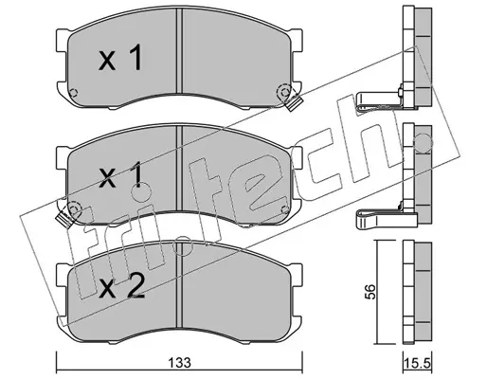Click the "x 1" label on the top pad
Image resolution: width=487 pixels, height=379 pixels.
pyautogui.click(x=120, y=57)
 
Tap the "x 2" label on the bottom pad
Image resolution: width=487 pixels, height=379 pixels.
pyautogui.click(x=121, y=286)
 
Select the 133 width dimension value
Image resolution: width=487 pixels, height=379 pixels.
pyautogui.click(x=179, y=363)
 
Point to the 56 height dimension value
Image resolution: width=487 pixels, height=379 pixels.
pyautogui.click(x=370, y=292)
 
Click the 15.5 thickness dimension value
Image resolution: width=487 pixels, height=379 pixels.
pyautogui.click(x=418, y=363)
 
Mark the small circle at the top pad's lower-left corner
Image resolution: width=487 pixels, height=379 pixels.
pyautogui.click(x=73, y=93)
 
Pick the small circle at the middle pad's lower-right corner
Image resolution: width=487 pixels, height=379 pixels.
pyautogui.click(x=284, y=209)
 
